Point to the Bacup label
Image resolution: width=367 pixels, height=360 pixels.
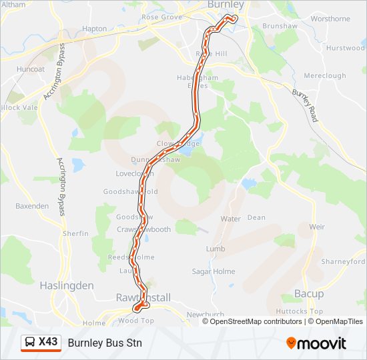point(309,294)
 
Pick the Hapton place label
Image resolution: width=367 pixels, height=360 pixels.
point(94,29)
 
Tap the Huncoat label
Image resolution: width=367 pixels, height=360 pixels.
point(31,69)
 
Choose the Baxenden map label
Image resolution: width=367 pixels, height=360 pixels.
point(32,206)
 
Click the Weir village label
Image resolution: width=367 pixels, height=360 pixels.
point(317,227)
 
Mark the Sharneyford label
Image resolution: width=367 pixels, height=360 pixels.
point(343,262)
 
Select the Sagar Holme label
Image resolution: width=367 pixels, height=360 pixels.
point(211,271)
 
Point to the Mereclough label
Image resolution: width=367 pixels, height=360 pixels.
point(324,76)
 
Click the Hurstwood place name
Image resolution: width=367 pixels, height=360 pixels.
point(346,48)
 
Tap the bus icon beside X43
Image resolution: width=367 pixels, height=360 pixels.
point(30,343)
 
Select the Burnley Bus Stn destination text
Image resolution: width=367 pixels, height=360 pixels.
point(105,343)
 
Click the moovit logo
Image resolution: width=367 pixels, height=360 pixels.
point(316,343)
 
